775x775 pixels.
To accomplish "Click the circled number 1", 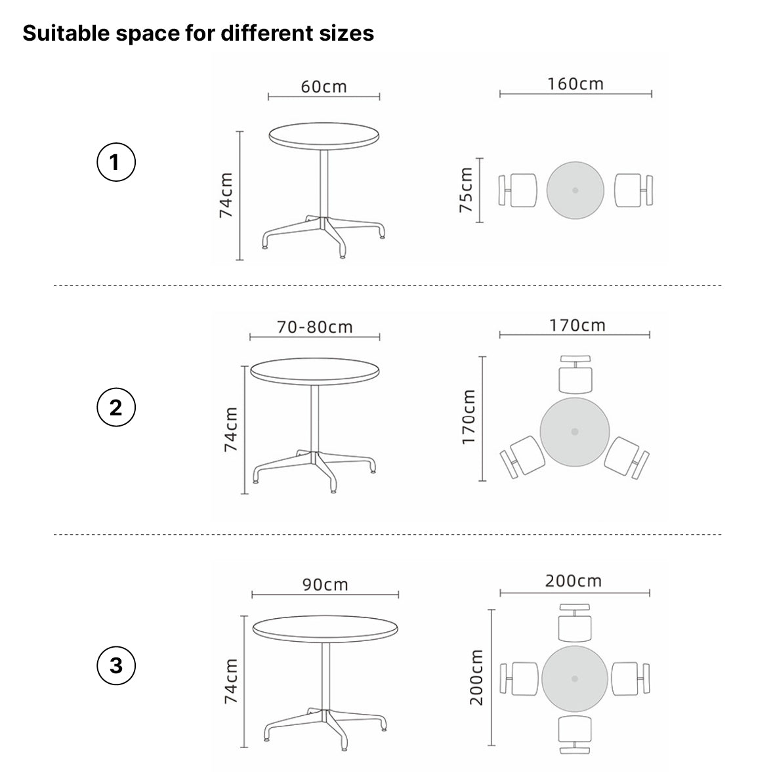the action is [116, 162].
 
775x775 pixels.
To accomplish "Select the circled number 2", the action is [116, 408].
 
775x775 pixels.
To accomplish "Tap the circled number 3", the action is [116, 665].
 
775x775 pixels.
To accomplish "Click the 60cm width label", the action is [324, 87].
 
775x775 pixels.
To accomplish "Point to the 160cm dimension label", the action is [576, 84].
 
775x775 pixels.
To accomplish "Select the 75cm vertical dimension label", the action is [466, 190].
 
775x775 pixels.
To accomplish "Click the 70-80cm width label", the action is [314, 327].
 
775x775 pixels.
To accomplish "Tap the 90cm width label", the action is [325, 584].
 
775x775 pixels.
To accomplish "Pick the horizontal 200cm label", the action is [574, 580].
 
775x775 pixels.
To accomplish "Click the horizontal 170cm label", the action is [577, 325].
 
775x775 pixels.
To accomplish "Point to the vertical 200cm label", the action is [476, 677].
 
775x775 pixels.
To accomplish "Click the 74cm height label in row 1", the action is [226, 196].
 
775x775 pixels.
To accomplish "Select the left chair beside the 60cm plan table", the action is [518, 190].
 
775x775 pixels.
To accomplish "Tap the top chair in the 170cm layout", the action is [576, 374].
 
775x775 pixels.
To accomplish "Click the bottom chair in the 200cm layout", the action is [575, 734].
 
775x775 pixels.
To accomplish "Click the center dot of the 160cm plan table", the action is [576, 190].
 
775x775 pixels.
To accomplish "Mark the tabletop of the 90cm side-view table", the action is [325, 629].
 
